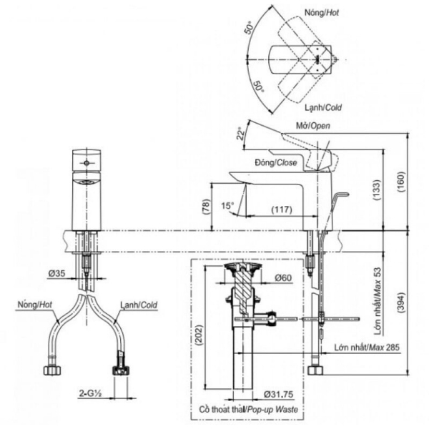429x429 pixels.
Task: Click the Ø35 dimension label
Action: tap(56, 273)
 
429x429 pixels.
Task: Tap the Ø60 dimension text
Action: tap(283, 278)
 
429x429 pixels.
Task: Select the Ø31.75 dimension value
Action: tap(278, 394)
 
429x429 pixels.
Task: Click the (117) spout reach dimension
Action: tap(282, 209)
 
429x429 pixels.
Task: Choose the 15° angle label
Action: tap(228, 205)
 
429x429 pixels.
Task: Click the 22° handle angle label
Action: tap(240, 133)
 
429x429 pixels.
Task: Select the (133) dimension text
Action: tap(378, 190)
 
